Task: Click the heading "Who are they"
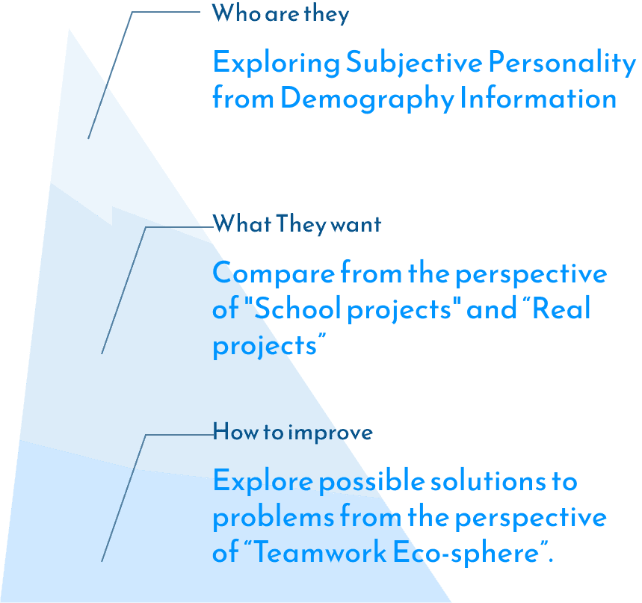point(280,13)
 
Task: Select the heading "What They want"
point(297,223)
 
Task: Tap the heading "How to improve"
point(292,432)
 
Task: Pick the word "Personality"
point(561,64)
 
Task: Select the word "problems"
point(273,517)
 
